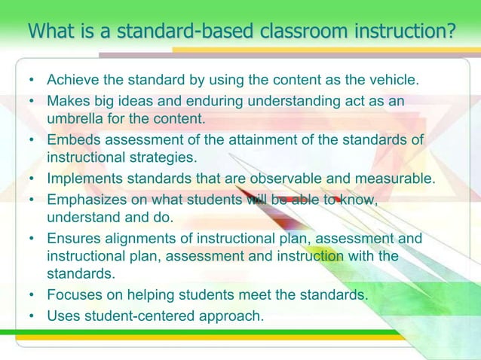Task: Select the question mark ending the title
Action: [x=451, y=32]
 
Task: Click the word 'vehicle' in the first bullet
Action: [x=392, y=80]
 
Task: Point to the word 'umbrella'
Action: [x=75, y=119]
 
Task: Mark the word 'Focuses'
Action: [x=73, y=296]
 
